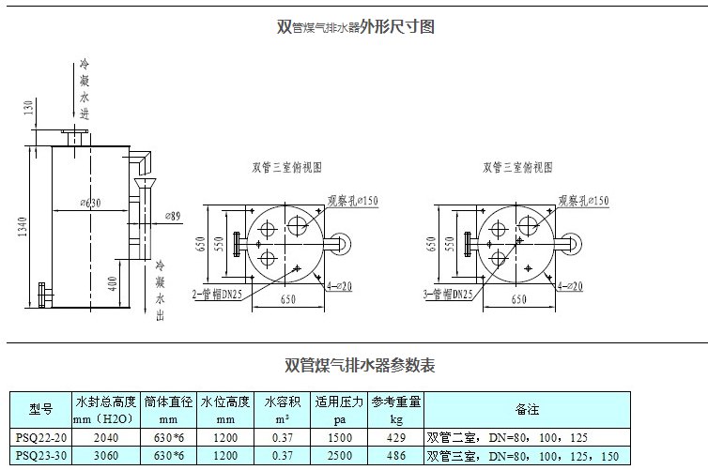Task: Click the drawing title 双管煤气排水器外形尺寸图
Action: [355, 27]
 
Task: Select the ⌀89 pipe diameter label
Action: [173, 217]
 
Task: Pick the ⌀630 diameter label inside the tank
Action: [90, 203]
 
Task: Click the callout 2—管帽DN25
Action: [217, 294]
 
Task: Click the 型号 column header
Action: [40, 409]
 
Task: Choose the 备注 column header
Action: [527, 409]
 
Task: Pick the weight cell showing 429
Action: [395, 437]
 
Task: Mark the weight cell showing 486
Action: [395, 456]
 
